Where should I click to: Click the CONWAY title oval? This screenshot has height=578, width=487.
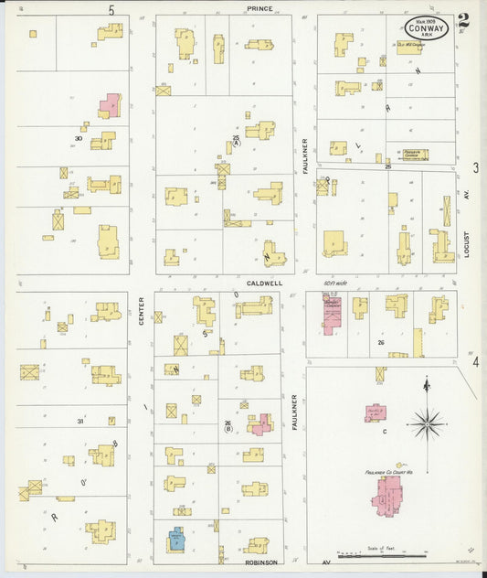pyautogui.click(x=426, y=27)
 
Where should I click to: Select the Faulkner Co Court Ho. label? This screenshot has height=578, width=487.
pyautogui.click(x=390, y=473)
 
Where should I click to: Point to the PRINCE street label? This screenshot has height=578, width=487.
pyautogui.click(x=259, y=8)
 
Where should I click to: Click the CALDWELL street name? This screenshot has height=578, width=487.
pyautogui.click(x=263, y=284)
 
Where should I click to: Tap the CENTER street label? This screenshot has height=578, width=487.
pyautogui.click(x=142, y=316)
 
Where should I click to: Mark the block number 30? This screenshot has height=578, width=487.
pyautogui.click(x=79, y=139)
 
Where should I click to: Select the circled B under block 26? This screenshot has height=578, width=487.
pyautogui.click(x=228, y=428)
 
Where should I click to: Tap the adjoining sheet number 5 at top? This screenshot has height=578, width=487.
pyautogui.click(x=111, y=9)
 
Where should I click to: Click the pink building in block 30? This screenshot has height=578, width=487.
pyautogui.click(x=110, y=103)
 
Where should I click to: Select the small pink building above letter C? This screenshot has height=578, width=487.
pyautogui.click(x=376, y=413)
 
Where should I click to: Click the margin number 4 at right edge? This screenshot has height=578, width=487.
pyautogui.click(x=475, y=362)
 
